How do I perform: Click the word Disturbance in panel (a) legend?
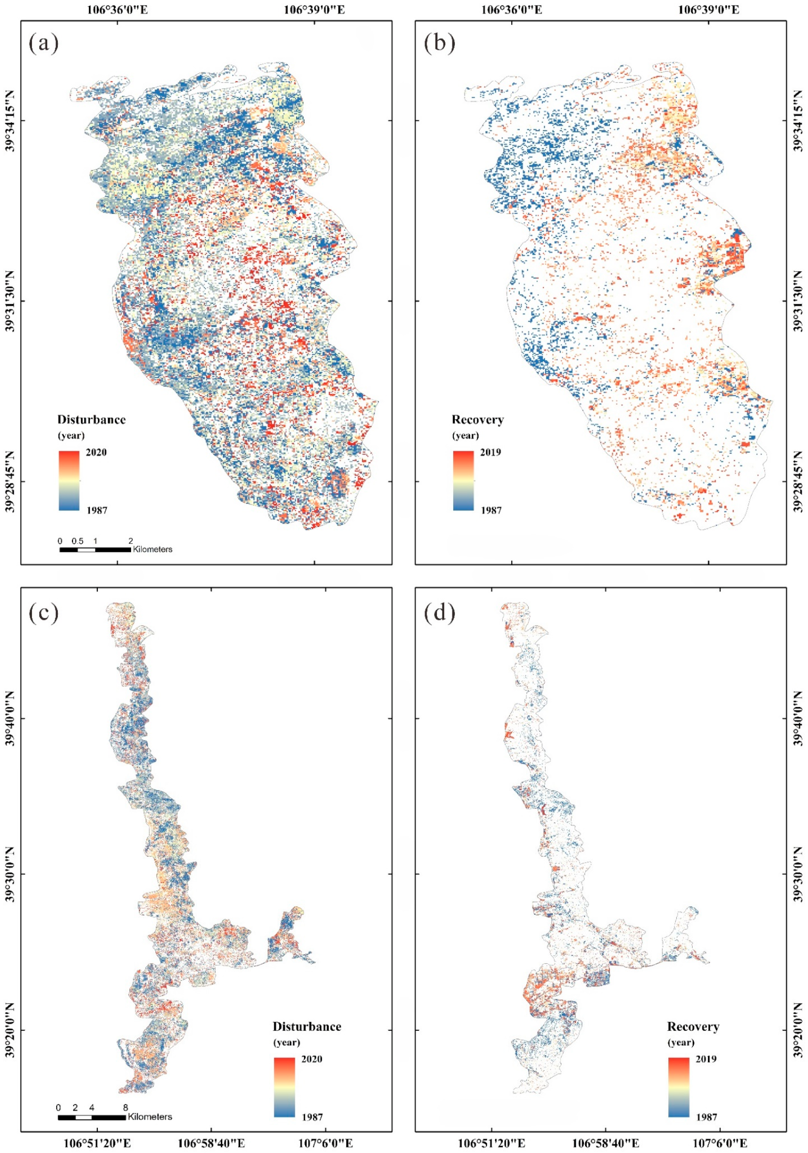91,420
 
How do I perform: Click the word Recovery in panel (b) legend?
478,420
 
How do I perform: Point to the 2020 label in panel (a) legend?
96,452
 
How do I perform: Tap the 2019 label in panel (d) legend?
706,1059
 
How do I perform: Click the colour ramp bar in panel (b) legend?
463,480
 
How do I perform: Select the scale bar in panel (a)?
95,549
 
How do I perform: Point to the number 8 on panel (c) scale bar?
125,1107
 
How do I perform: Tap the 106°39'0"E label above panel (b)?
709,10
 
